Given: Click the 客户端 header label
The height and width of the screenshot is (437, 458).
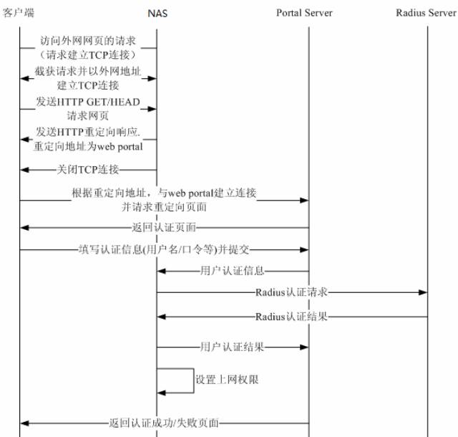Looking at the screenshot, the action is (18, 13).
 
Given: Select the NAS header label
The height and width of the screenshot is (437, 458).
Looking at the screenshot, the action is (157, 14).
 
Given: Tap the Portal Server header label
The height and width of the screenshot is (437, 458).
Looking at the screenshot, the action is (304, 13).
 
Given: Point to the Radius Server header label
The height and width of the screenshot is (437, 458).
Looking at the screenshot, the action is (427, 13).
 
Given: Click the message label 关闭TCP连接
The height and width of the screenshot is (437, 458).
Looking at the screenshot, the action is (88, 169).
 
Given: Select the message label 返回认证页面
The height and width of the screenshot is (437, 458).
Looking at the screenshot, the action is (164, 227).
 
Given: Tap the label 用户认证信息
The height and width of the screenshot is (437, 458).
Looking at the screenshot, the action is (232, 271).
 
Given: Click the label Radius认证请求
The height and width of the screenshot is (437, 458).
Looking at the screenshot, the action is (291, 292).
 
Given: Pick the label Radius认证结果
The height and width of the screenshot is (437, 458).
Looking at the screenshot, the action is (291, 317).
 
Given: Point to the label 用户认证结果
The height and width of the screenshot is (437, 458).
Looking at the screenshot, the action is (232, 347).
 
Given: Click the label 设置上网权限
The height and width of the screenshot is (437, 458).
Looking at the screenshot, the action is (227, 380).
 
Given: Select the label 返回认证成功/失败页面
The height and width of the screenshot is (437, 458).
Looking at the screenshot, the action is (164, 423).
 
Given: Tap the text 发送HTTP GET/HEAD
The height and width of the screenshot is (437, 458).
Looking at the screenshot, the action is (88, 102).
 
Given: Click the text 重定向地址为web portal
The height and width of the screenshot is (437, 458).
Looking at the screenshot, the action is (88, 146).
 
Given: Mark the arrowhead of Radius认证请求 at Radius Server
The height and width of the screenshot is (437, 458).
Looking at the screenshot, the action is (423, 292).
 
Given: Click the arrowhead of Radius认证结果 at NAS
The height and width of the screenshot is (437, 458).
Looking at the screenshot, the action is (162, 317).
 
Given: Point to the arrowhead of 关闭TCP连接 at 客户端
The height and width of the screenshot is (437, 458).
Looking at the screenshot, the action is (24, 170).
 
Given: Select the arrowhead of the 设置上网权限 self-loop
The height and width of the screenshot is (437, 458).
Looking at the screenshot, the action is (162, 393).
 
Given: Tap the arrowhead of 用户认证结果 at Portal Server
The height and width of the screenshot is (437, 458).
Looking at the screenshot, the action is (304, 347).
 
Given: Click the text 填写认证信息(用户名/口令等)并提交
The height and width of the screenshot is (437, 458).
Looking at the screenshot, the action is (164, 249).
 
